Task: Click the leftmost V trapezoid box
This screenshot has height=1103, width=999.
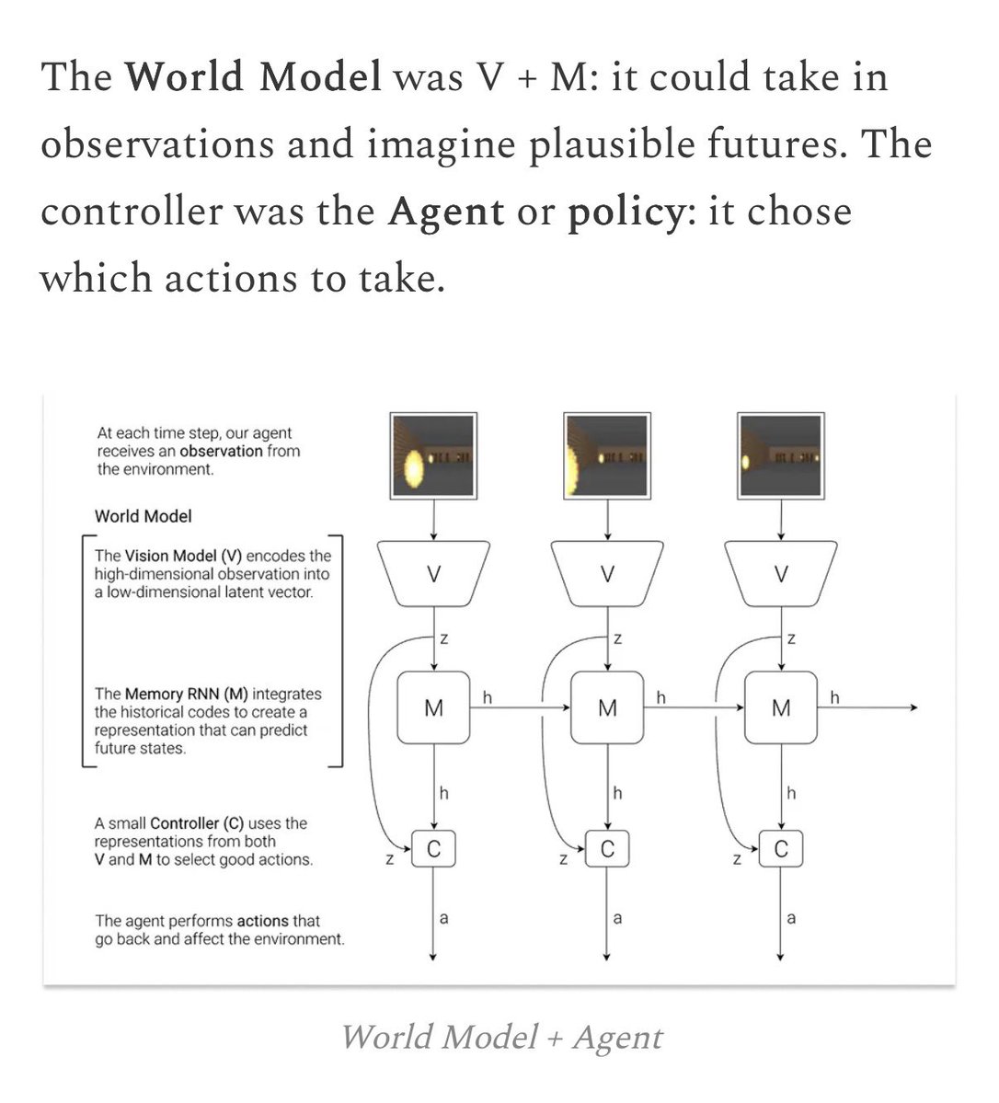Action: [x=433, y=574]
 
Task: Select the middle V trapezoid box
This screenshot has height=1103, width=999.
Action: [x=607, y=574]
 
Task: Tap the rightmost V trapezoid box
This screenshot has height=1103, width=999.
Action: [x=781, y=574]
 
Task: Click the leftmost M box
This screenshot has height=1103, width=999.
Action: [x=433, y=707]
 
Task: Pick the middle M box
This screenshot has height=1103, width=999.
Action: [x=607, y=707]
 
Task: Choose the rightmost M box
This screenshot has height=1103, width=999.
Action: [x=781, y=707]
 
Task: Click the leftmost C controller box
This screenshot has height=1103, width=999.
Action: [x=433, y=849]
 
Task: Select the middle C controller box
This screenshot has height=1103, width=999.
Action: [x=607, y=849]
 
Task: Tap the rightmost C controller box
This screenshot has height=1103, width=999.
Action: [x=781, y=849]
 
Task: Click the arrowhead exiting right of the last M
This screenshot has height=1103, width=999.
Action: [x=913, y=707]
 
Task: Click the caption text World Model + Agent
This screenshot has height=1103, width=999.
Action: [x=501, y=1037]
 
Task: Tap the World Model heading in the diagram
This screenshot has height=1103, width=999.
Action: [x=144, y=516]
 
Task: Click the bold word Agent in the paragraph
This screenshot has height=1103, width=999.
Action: [x=446, y=213]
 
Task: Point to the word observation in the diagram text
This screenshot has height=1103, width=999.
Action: [x=221, y=451]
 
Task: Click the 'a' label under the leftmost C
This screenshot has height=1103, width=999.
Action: [x=444, y=917]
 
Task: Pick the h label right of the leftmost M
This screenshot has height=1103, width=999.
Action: [x=488, y=697]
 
